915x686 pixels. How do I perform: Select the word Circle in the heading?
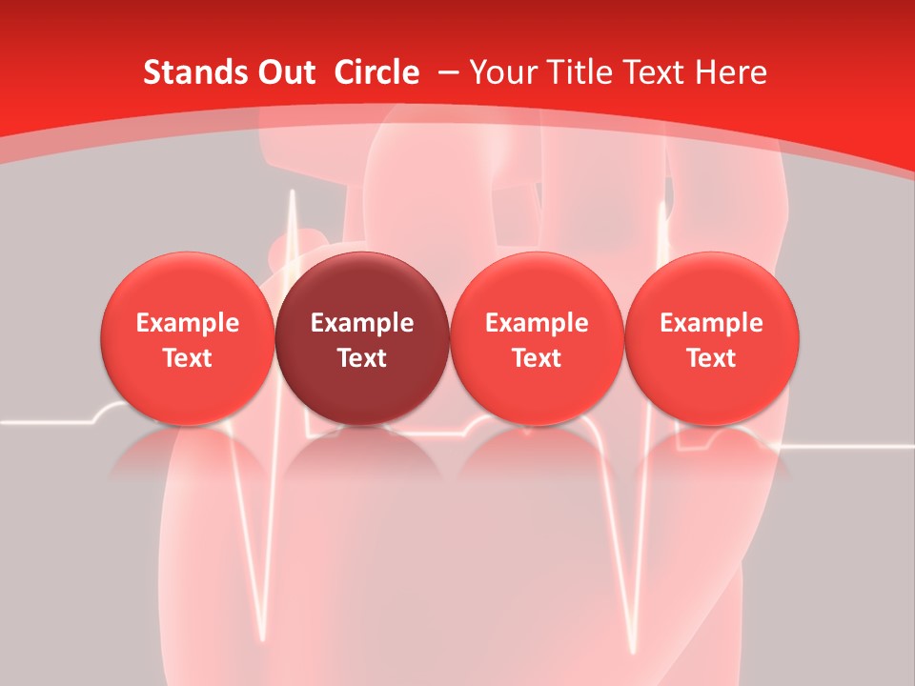point(376,72)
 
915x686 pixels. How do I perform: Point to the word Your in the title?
point(501,72)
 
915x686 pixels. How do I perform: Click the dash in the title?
point(448,73)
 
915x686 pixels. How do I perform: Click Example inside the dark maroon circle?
point(362,323)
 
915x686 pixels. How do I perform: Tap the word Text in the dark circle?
point(362,358)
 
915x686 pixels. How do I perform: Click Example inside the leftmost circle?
point(188,323)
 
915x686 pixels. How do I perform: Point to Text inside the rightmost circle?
point(712,358)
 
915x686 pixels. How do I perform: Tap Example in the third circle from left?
point(537,323)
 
